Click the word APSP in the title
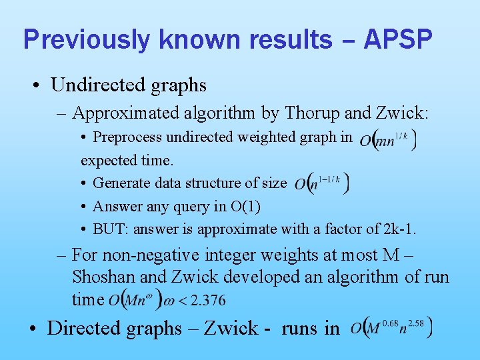click(398, 39)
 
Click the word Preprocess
click(127, 138)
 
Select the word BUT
click(109, 229)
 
